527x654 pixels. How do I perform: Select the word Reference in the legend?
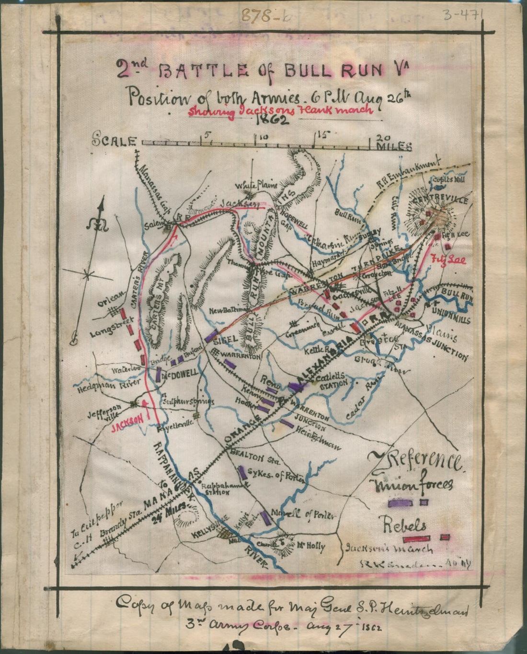tap(415, 461)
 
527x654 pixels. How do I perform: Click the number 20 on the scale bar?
tap(385, 136)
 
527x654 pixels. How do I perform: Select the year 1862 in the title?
tap(272, 120)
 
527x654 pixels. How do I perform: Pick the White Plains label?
tap(253, 185)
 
